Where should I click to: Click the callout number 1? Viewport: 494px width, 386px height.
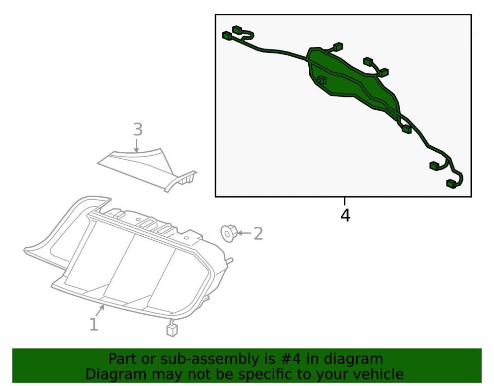click(93, 324)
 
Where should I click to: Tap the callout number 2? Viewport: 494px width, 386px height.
click(258, 233)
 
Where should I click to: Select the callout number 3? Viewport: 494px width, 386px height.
click(138, 129)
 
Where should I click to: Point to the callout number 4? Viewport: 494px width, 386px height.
click(345, 215)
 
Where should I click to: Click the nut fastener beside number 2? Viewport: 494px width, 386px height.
click(229, 233)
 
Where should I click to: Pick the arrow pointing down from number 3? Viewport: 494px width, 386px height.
click(136, 145)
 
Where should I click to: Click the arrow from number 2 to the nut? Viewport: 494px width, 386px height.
click(244, 233)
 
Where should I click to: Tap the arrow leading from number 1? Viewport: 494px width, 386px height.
click(100, 311)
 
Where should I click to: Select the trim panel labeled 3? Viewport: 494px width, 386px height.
click(147, 169)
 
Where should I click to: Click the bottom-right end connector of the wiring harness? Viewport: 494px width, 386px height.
click(452, 184)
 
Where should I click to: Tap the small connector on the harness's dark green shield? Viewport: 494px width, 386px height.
click(322, 80)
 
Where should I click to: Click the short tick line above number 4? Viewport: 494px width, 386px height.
click(345, 201)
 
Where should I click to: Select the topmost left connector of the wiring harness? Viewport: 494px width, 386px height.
click(237, 30)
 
